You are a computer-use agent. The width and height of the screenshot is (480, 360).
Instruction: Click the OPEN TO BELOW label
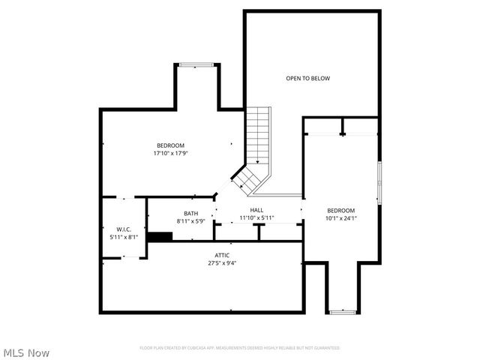pyautogui.click(x=307, y=78)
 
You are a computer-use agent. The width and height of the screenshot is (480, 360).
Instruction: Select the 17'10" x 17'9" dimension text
pyautogui.click(x=170, y=153)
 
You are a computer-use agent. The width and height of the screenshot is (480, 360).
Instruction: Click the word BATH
pyautogui.click(x=190, y=214)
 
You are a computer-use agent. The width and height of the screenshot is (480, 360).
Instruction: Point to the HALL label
pyautogui.click(x=256, y=210)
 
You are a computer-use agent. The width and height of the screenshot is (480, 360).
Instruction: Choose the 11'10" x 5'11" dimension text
pyautogui.click(x=256, y=218)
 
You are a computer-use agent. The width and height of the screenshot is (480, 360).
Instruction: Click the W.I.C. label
pyautogui.click(x=124, y=229)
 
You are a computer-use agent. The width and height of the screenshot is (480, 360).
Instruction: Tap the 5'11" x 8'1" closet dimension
pyautogui.click(x=124, y=237)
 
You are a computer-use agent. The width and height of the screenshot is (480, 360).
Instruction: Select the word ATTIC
pyautogui.click(x=222, y=256)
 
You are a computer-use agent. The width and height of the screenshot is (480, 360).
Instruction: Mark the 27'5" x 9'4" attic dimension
pyautogui.click(x=222, y=264)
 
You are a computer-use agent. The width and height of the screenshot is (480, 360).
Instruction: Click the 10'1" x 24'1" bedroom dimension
pyautogui.click(x=341, y=218)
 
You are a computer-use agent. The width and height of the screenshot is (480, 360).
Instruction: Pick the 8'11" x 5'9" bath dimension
pyautogui.click(x=190, y=221)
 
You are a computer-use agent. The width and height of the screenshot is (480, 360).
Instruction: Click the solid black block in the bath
pyautogui.click(x=160, y=237)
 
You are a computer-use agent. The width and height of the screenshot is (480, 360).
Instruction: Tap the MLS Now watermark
pyautogui.click(x=26, y=352)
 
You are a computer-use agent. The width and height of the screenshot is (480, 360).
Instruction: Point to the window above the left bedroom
pyautogui.click(x=198, y=65)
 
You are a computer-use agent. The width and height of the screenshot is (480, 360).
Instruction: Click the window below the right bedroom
pyautogui.click(x=343, y=310)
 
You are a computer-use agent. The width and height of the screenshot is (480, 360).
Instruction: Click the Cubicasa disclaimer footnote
pyautogui.click(x=239, y=348)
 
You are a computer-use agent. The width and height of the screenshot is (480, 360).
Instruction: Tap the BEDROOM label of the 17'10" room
pyautogui.click(x=170, y=145)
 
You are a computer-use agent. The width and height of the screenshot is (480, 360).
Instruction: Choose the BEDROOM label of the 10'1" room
pyautogui.click(x=341, y=210)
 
